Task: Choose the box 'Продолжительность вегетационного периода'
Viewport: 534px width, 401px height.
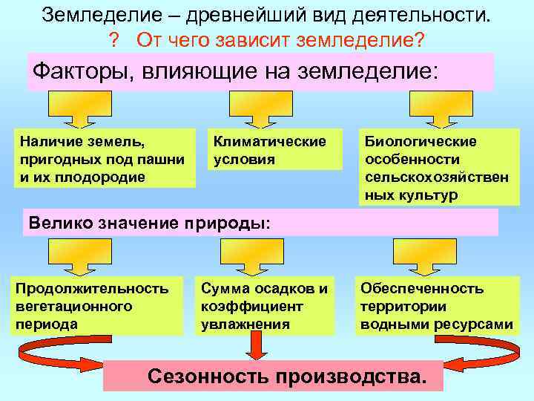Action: tap(96, 305)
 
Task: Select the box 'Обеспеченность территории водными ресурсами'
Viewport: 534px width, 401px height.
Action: tap(436, 305)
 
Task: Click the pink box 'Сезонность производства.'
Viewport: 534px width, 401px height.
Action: tap(272, 376)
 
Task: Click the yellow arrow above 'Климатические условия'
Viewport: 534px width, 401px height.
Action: tap(254, 111)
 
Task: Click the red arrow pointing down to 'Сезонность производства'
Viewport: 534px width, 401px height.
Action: tap(257, 346)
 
